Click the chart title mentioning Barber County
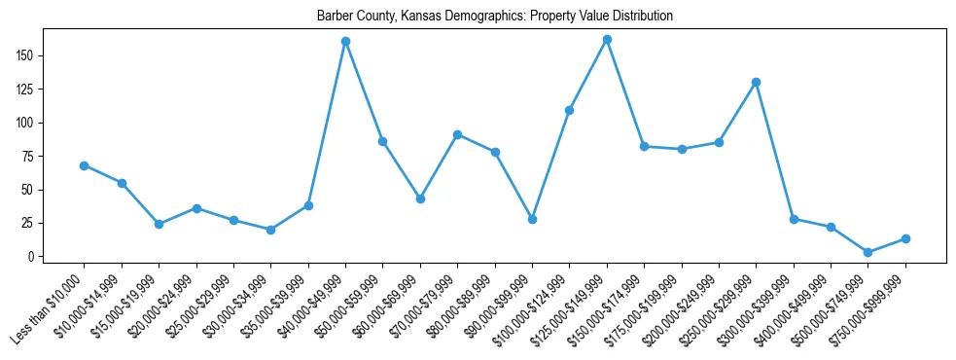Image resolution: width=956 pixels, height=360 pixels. tap(494, 17)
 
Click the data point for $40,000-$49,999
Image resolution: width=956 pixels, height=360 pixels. tap(345, 42)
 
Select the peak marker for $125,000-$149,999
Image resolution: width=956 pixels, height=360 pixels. tap(607, 40)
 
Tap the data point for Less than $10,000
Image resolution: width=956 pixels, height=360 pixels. tap(85, 165)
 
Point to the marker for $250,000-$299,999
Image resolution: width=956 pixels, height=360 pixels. tap(756, 82)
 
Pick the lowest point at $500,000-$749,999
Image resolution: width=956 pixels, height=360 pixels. tap(868, 252)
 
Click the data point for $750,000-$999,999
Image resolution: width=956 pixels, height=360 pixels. tap(905, 238)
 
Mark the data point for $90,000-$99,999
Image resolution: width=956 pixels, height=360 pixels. tap(532, 219)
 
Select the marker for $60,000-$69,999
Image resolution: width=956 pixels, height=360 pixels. tap(420, 198)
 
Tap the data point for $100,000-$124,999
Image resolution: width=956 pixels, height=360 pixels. tap(569, 110)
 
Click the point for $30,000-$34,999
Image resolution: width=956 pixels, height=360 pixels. tap(270, 230)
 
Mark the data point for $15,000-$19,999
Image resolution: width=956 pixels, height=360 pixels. tap(159, 224)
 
